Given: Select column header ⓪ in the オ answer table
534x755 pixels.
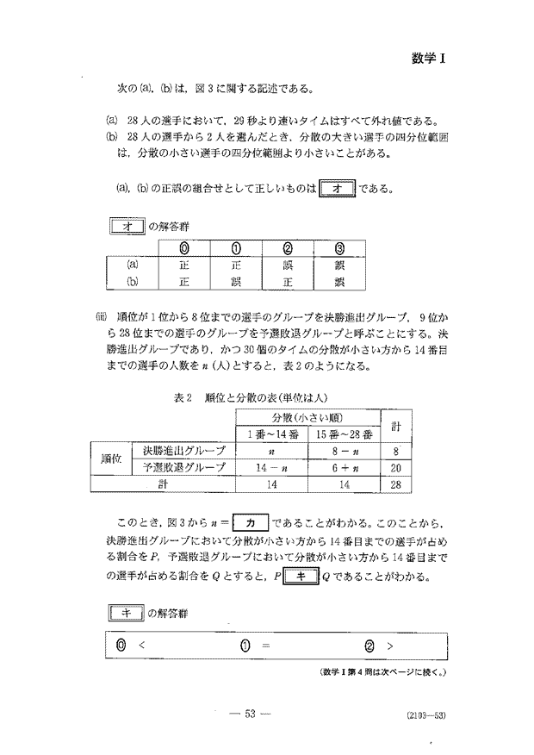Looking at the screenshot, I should point(183,251).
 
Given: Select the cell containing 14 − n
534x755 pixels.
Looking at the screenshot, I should point(271,467).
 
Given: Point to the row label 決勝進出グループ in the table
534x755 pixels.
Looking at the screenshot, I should point(184,450).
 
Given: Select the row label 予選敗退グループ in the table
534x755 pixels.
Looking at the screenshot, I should point(184,467).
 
